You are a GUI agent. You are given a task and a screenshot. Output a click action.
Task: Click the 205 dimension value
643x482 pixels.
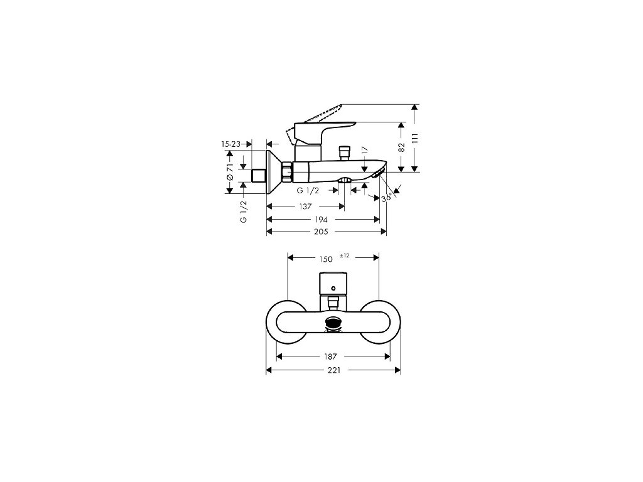point(321,232)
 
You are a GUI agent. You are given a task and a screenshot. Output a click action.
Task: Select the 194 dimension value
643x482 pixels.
point(321,220)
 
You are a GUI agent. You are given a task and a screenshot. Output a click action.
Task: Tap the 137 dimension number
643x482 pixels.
point(305,206)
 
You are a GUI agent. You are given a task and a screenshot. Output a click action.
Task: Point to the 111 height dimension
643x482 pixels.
point(415,138)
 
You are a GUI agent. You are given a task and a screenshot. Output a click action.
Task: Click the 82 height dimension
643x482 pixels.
point(402,147)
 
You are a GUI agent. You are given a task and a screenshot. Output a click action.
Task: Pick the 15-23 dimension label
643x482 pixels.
point(230,144)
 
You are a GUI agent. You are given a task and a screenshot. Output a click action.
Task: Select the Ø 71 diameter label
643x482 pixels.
point(230,172)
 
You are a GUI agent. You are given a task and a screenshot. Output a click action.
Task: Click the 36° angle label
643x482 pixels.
point(386,198)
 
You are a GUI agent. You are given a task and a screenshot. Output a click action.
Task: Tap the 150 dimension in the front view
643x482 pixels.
point(326,259)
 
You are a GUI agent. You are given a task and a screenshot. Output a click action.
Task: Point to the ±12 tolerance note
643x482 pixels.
point(345,255)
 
